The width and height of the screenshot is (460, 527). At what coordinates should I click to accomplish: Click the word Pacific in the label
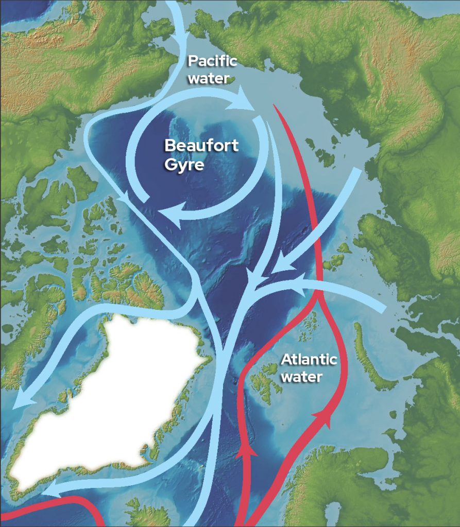(x=212, y=61)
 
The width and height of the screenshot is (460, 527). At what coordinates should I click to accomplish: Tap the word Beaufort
(x=201, y=146)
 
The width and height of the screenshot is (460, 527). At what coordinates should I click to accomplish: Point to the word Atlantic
(x=309, y=359)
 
